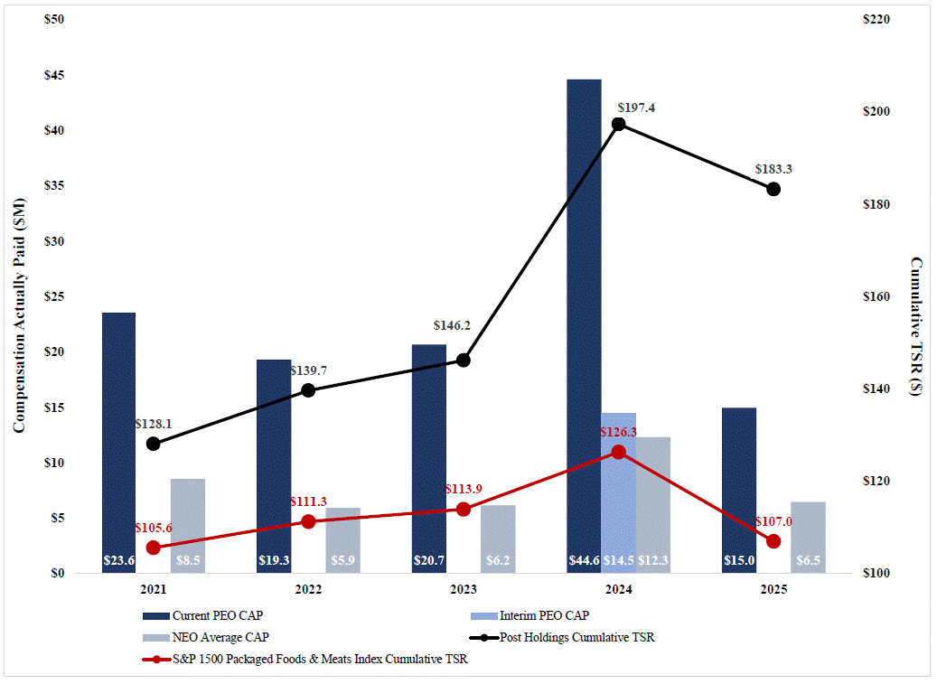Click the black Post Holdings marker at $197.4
click(618, 124)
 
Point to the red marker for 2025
click(773, 541)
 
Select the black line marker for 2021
click(154, 444)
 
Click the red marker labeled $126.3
click(618, 452)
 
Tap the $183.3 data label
click(773, 169)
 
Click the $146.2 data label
click(453, 325)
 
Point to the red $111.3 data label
click(308, 501)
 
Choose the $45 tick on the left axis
click(54, 75)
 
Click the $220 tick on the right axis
click(880, 19)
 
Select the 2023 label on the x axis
click(464, 589)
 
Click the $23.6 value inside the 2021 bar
click(118, 561)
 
